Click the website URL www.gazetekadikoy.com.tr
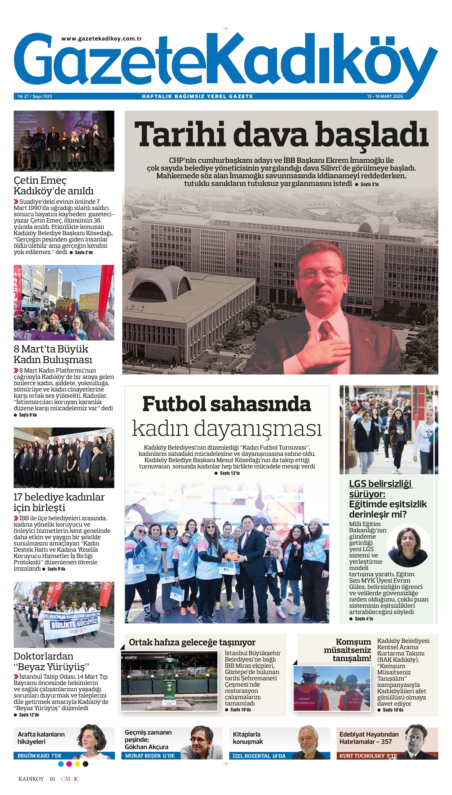tap(102, 38)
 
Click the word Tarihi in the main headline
tap(180, 135)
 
